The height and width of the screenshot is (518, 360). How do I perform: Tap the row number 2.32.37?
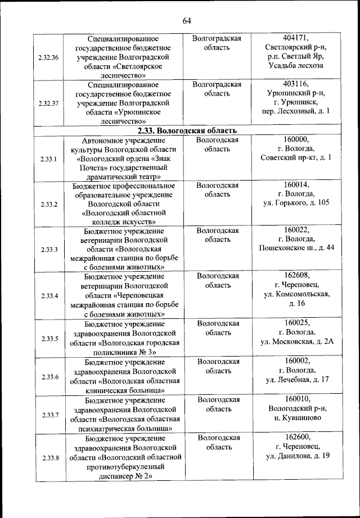point(49,103)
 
